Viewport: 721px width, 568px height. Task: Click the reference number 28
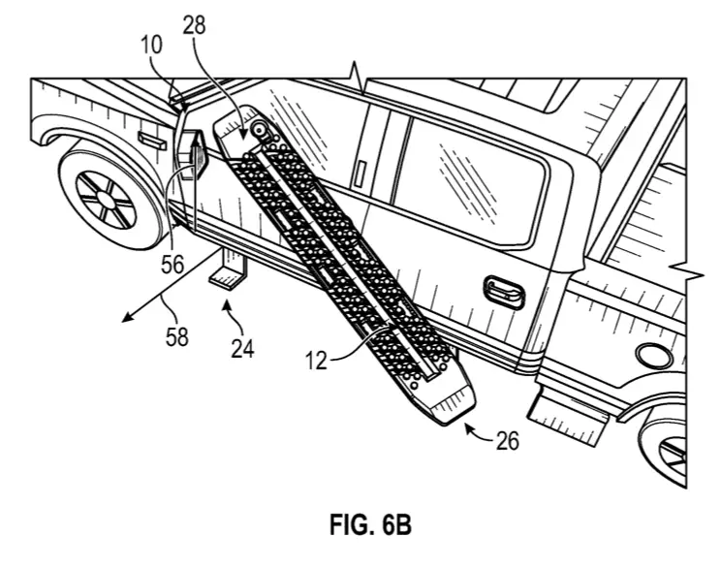click(194, 25)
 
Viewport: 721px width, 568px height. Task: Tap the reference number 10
click(152, 46)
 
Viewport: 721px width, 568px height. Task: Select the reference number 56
click(172, 265)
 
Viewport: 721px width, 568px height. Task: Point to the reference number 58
click(177, 337)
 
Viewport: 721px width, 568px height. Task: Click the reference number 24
click(243, 348)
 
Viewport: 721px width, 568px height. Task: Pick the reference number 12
click(316, 361)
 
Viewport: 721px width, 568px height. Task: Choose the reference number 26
click(508, 440)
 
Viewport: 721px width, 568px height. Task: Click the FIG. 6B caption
click(370, 524)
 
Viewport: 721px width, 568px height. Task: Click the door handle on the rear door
click(504, 292)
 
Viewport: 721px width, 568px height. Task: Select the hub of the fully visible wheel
click(107, 200)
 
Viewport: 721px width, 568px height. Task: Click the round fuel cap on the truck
click(653, 356)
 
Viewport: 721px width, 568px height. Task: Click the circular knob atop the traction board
click(260, 129)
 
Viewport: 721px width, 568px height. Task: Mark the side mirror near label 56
click(192, 154)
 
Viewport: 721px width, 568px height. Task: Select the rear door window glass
click(469, 181)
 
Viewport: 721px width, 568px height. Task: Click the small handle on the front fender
click(152, 140)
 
